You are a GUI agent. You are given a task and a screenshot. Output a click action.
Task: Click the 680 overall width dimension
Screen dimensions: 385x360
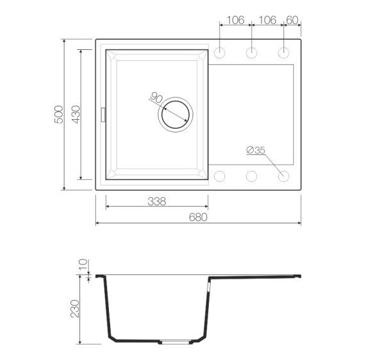198,217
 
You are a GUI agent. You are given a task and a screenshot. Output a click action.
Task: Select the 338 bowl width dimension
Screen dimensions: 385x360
157,202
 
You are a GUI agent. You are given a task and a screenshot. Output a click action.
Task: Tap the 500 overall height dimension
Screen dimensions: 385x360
59,115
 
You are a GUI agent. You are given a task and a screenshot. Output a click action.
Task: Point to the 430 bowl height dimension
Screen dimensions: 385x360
76,115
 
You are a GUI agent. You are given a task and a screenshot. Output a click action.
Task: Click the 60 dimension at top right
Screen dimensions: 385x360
292,20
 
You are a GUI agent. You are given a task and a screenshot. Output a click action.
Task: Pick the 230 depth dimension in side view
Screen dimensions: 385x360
75,309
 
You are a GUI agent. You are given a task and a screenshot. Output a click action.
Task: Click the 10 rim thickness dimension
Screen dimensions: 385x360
83,264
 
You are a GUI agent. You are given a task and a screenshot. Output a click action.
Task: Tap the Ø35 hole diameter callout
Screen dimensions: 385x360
256,151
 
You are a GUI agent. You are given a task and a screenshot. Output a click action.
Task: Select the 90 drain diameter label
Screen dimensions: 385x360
156,97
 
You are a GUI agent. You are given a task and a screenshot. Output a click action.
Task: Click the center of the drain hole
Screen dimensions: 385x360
176,115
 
